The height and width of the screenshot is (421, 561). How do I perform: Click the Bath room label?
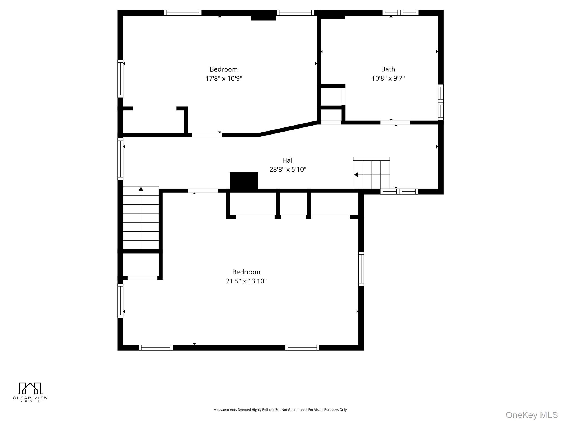[x=388, y=69]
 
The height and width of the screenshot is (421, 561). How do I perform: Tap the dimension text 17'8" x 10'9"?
[x=224, y=79]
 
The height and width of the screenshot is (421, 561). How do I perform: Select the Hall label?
[x=288, y=160]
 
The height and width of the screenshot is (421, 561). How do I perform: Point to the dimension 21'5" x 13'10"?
[x=246, y=281]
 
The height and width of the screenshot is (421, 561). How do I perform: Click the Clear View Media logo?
[x=30, y=392]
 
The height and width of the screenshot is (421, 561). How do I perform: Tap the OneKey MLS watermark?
[x=531, y=415]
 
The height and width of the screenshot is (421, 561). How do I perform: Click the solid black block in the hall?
[x=244, y=180]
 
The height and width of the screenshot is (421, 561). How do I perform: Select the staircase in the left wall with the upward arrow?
[x=141, y=218]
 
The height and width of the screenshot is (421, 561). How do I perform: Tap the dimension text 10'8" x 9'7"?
[x=388, y=78]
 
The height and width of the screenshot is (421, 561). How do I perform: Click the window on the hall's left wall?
[x=120, y=159]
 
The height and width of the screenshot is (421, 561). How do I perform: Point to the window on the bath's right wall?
[x=440, y=102]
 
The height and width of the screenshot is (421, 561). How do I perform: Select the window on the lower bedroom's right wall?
[x=361, y=269]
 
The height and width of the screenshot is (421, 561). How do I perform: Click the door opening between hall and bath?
[x=395, y=123]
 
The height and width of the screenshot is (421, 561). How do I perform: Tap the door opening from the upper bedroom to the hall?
[x=207, y=135]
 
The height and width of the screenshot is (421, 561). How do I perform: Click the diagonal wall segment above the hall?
[x=288, y=128]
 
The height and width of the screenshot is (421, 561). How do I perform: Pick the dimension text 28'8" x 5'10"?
[x=288, y=169]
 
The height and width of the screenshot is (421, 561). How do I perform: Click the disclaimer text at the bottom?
[x=280, y=409]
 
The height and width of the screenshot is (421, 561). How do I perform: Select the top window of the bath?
[x=400, y=13]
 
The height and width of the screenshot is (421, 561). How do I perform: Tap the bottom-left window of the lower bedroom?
[x=156, y=347]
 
